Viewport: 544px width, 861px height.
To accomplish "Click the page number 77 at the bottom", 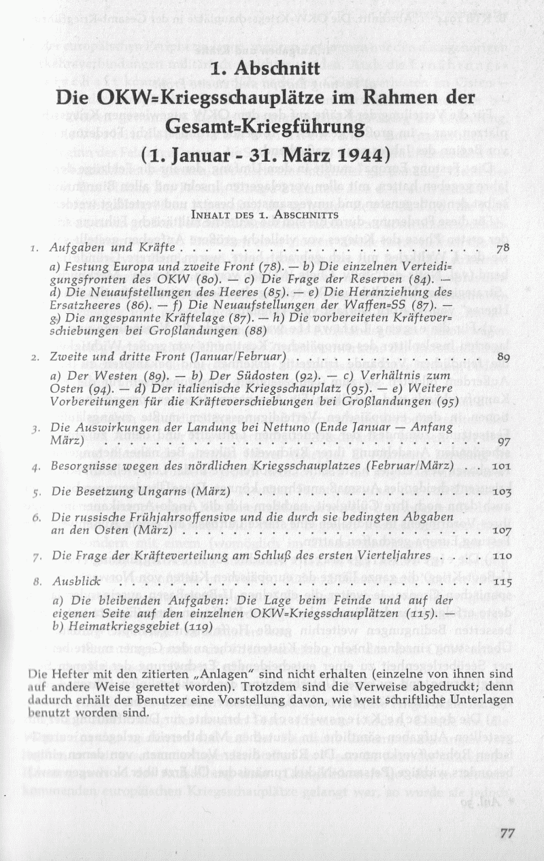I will click(507, 834).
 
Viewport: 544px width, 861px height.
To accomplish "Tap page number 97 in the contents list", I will click(503, 441).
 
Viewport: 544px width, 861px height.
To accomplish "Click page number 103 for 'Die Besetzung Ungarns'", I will click(500, 491).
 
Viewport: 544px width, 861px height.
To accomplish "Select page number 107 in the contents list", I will click(500, 530).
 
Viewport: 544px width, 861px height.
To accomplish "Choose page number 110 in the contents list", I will click(500, 556).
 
